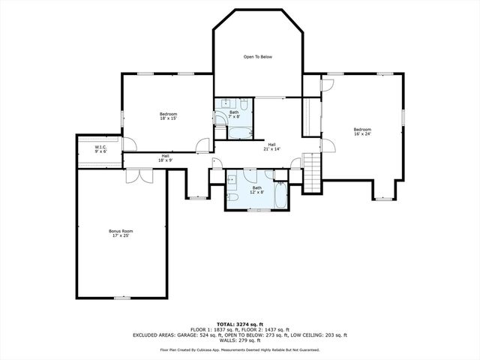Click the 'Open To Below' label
[x=257, y=57]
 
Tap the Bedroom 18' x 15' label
[x=167, y=116]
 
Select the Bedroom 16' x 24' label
[x=362, y=132]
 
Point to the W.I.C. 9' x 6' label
[x=100, y=149]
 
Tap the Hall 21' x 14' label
[x=271, y=147]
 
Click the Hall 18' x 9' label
[x=165, y=158]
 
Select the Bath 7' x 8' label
[x=235, y=115]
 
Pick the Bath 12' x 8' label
[x=257, y=190]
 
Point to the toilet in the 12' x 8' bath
[x=233, y=197]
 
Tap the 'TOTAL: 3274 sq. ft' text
[x=239, y=323]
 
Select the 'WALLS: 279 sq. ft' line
[x=239, y=340]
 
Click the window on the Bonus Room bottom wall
[x=120, y=298]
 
